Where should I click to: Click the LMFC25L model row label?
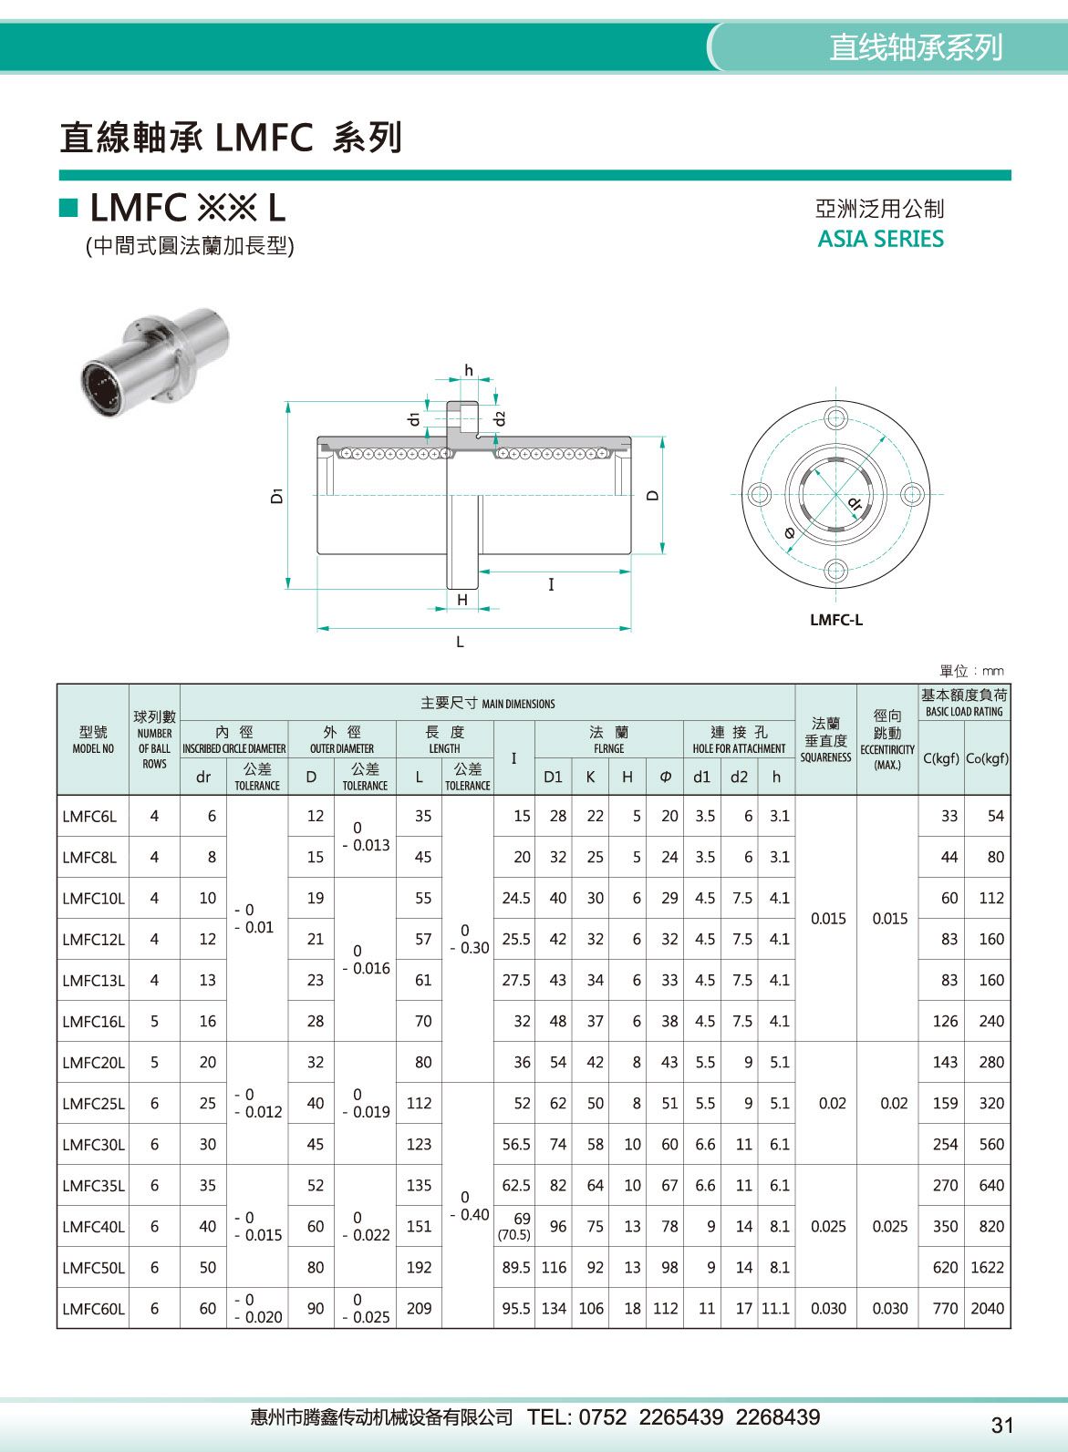[93, 1103]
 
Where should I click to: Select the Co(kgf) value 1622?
[987, 1267]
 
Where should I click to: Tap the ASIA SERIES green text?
[880, 239]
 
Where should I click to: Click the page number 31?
[1001, 1425]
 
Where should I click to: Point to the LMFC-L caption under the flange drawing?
[835, 620]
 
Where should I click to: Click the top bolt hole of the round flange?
[835, 419]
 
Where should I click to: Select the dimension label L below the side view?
[460, 643]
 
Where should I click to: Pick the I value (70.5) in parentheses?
[513, 1235]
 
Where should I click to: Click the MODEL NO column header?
[93, 740]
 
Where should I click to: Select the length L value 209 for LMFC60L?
[419, 1308]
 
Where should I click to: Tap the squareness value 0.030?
[828, 1308]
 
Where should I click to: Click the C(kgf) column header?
[940, 758]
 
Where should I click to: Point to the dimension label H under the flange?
[462, 600]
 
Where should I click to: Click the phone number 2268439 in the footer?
[777, 1417]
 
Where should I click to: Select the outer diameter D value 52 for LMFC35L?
[315, 1185]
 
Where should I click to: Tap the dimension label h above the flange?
[469, 370]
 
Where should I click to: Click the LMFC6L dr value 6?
[212, 816]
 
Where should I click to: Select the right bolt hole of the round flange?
[911, 495]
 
